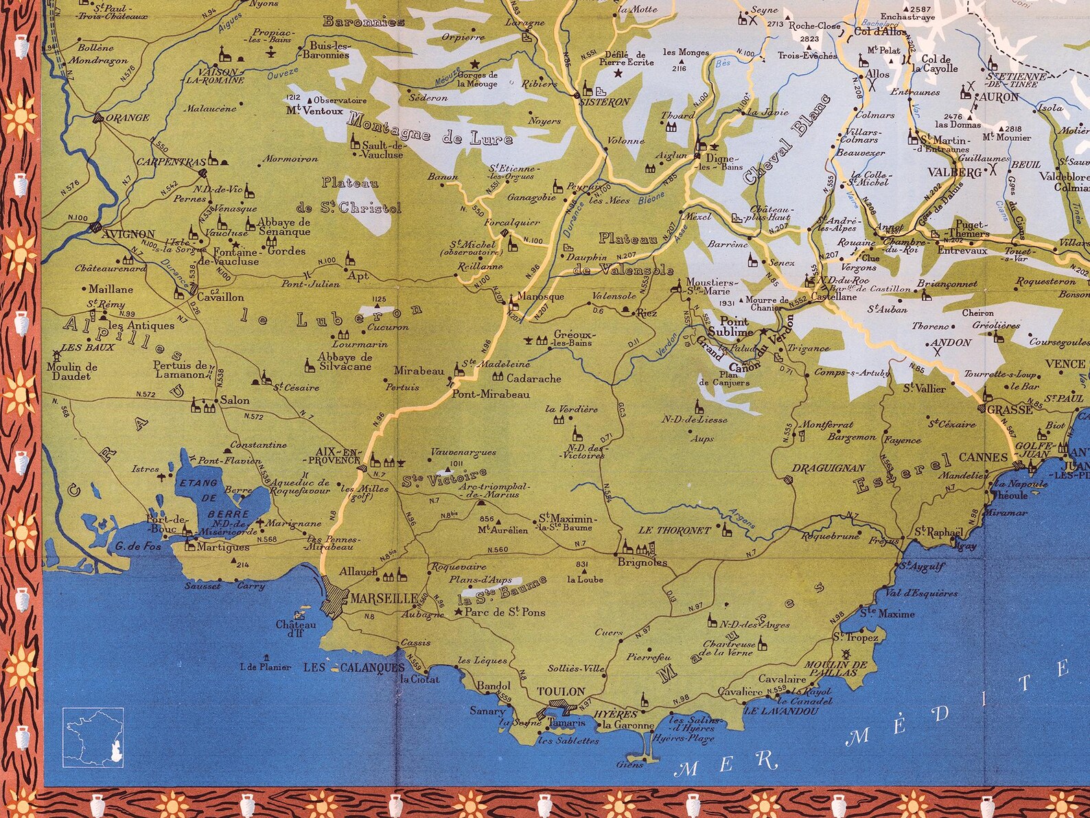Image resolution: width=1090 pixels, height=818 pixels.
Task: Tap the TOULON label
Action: coord(561,692)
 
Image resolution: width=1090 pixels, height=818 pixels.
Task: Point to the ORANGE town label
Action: coord(129,117)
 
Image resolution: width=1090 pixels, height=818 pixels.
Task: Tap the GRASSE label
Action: coord(1010,409)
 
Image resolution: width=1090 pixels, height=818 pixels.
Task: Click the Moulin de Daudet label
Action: coord(72,371)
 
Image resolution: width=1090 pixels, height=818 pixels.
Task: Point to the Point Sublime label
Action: coord(735,326)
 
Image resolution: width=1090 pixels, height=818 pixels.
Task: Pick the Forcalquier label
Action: coord(511,223)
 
